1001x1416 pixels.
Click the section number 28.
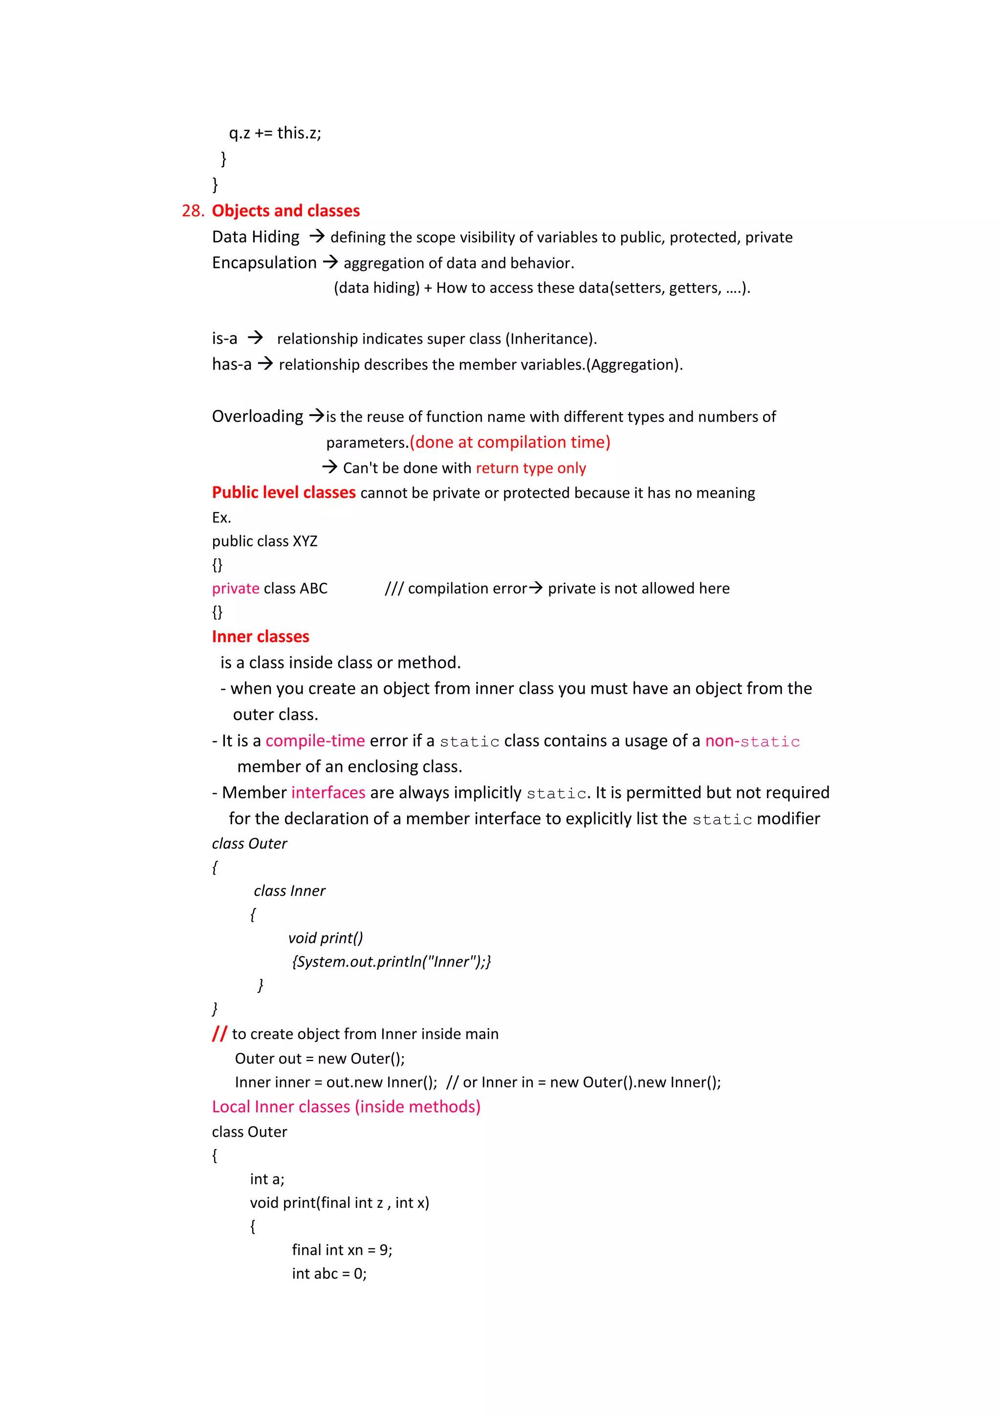(192, 211)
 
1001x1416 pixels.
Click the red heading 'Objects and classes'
(285, 211)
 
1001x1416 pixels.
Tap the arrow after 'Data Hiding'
(317, 236)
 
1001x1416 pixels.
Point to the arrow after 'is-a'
(255, 338)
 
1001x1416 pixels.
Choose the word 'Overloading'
(257, 416)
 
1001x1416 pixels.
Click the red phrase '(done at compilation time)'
(510, 442)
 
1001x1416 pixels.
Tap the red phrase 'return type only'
(531, 468)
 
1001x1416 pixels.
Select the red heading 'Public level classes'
(283, 493)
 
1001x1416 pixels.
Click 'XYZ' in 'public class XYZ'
(305, 541)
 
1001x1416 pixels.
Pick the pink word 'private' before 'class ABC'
(236, 588)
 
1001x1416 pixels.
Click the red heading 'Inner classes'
(260, 637)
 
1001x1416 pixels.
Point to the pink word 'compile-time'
(315, 741)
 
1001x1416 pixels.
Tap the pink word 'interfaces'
(328, 793)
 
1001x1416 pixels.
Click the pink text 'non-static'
(752, 741)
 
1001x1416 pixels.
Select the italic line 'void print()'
(326, 938)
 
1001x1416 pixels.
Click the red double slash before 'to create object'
(219, 1034)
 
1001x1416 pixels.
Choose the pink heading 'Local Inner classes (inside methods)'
(346, 1106)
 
